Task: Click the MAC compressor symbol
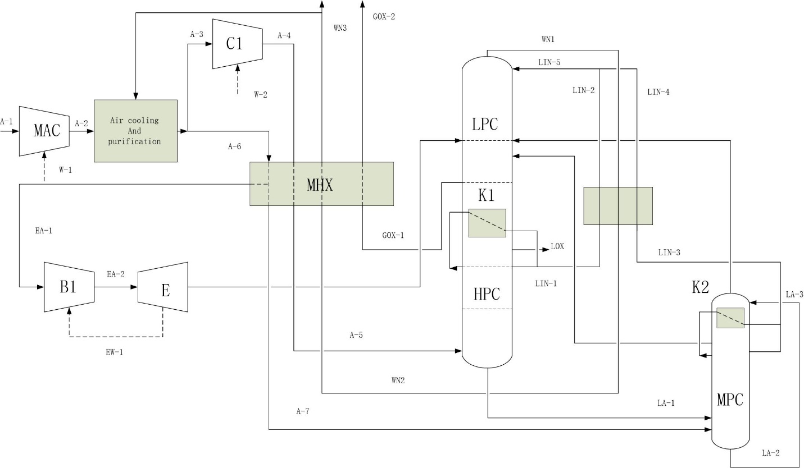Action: (44, 131)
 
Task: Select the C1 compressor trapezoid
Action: (238, 44)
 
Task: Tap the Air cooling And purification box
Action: (135, 131)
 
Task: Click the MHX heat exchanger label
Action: (320, 185)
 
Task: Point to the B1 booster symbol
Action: (69, 287)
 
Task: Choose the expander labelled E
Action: (163, 287)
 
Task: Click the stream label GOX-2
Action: (384, 17)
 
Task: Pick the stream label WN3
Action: (340, 28)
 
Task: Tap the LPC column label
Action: (485, 125)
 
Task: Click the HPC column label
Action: (487, 294)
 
